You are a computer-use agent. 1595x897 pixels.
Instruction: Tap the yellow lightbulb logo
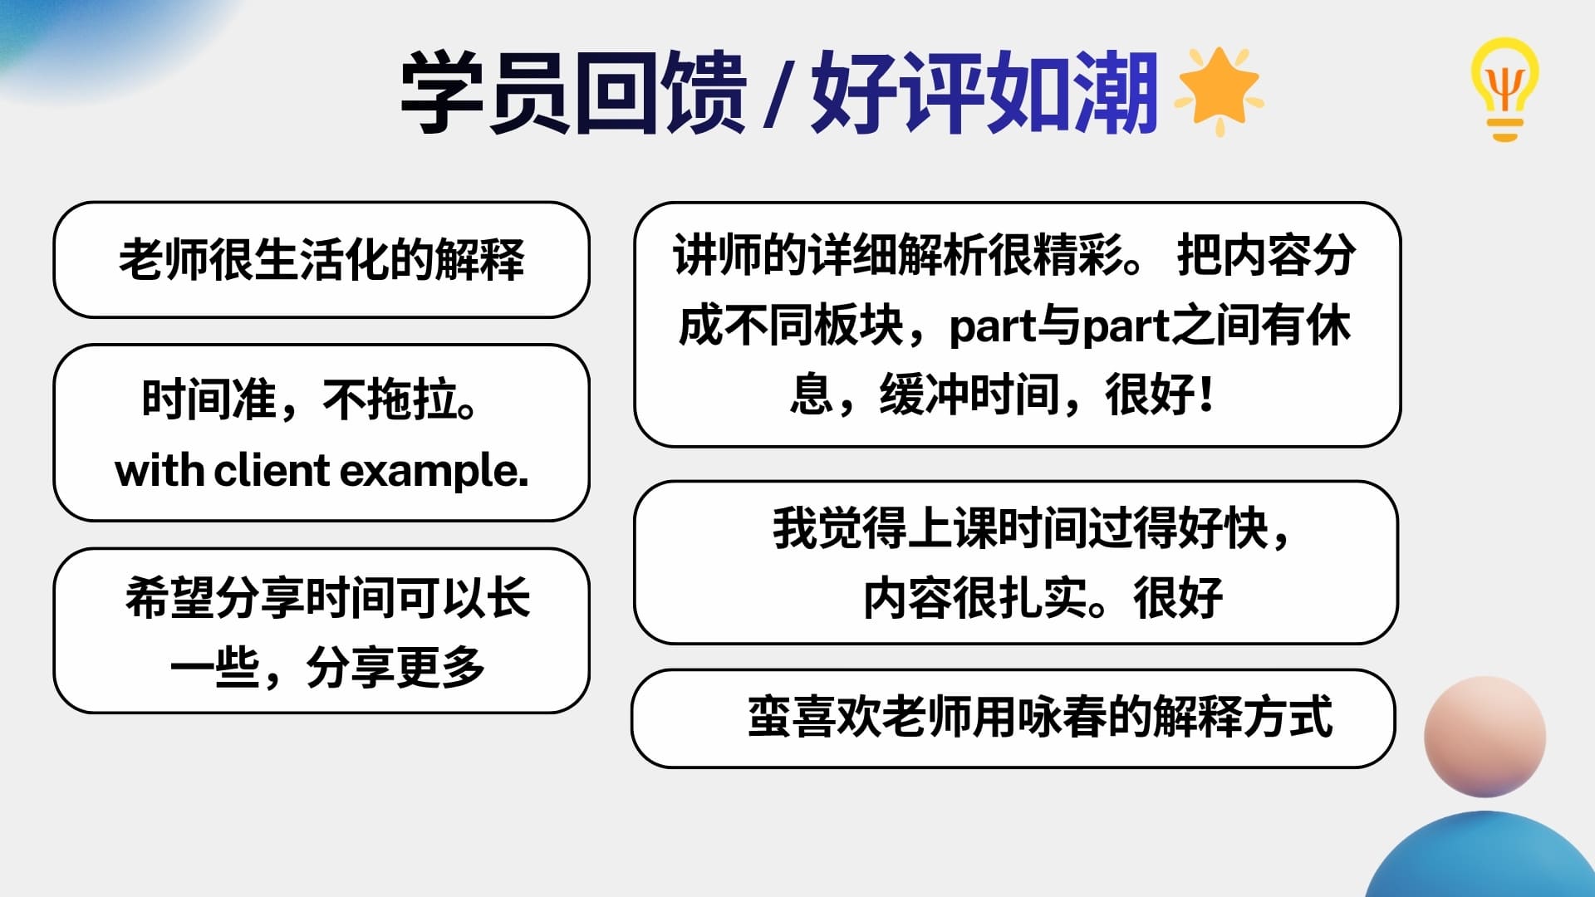point(1504,90)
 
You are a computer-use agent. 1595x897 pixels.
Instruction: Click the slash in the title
point(778,96)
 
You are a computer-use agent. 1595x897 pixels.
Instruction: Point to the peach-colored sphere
point(1485,737)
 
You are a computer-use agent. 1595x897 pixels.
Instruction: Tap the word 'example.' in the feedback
point(434,473)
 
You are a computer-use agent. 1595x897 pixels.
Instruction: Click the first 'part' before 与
point(993,328)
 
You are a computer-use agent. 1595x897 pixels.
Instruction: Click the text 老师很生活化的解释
point(321,259)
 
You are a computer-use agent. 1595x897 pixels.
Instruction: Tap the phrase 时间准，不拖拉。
point(309,399)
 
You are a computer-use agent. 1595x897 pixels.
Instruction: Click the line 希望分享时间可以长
point(327,597)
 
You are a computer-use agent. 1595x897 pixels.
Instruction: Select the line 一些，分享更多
point(327,667)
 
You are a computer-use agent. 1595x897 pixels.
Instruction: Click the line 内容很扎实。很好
point(1043,597)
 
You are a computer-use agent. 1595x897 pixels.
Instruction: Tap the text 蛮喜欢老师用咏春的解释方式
point(1040,716)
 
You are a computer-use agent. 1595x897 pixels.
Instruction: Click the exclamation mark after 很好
point(1206,394)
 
